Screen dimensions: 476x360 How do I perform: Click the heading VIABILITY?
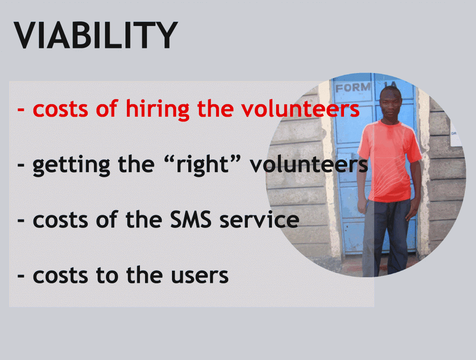click(96, 35)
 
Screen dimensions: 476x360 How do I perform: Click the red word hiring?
click(158, 109)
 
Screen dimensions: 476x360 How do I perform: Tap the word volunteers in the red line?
click(301, 108)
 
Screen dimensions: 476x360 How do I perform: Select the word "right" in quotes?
click(202, 165)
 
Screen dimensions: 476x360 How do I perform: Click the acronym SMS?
click(190, 220)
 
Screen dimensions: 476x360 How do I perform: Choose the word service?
click(259, 220)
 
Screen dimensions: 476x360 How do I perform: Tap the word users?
click(200, 275)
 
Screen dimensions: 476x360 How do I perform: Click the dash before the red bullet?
click(21, 109)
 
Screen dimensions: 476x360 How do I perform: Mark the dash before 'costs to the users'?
click(21, 276)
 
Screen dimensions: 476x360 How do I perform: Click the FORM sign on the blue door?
click(353, 87)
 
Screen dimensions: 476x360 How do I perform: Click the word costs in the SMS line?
click(60, 220)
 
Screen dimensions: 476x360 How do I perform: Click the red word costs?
click(60, 109)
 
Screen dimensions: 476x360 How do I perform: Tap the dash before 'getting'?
click(21, 165)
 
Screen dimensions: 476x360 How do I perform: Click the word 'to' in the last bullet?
click(107, 275)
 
